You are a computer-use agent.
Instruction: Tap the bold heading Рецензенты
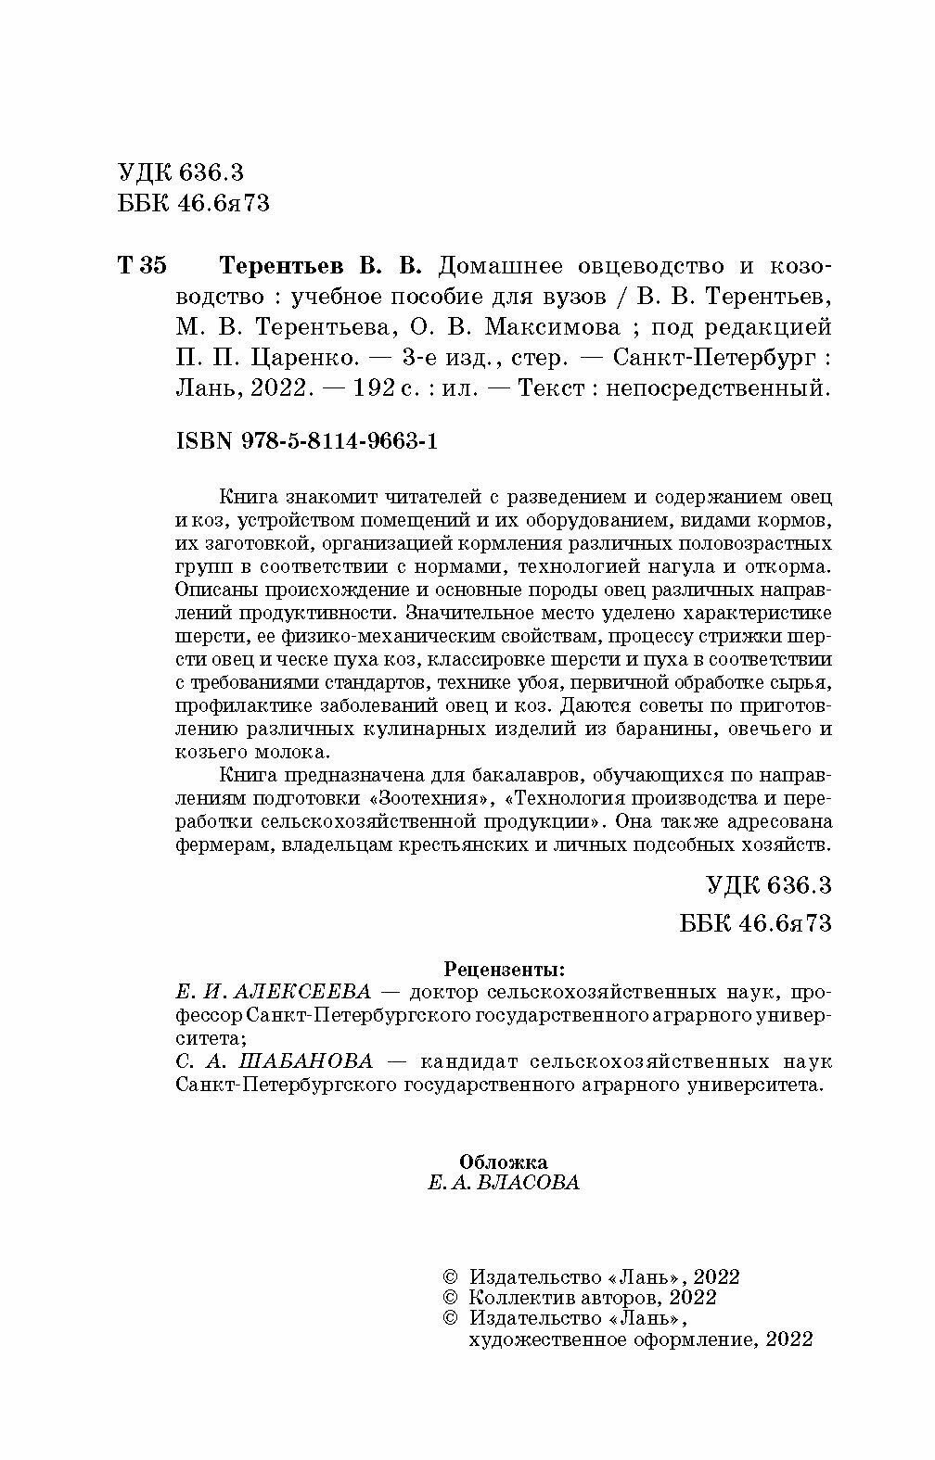click(504, 971)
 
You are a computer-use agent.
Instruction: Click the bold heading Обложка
click(504, 1162)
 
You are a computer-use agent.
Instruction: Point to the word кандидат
click(476, 1061)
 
